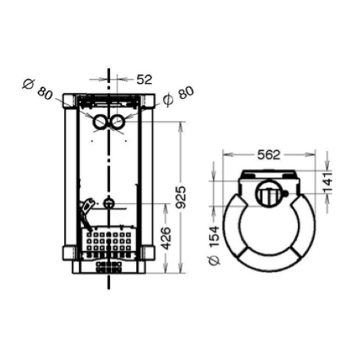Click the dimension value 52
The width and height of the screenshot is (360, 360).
pos(145,79)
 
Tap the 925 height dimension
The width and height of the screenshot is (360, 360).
pos(181,197)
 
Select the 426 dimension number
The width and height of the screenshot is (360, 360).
pos(166,238)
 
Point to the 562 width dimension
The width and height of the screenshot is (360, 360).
pos(269,155)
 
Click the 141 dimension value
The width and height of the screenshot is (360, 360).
pos(328,183)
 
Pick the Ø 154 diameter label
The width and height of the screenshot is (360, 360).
pos(215,246)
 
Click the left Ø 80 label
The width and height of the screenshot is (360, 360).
pos(37,89)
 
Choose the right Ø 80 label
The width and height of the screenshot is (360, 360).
pos(179,96)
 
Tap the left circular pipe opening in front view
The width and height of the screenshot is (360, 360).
pos(100,122)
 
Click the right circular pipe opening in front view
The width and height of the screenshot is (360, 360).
pos(117,122)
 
